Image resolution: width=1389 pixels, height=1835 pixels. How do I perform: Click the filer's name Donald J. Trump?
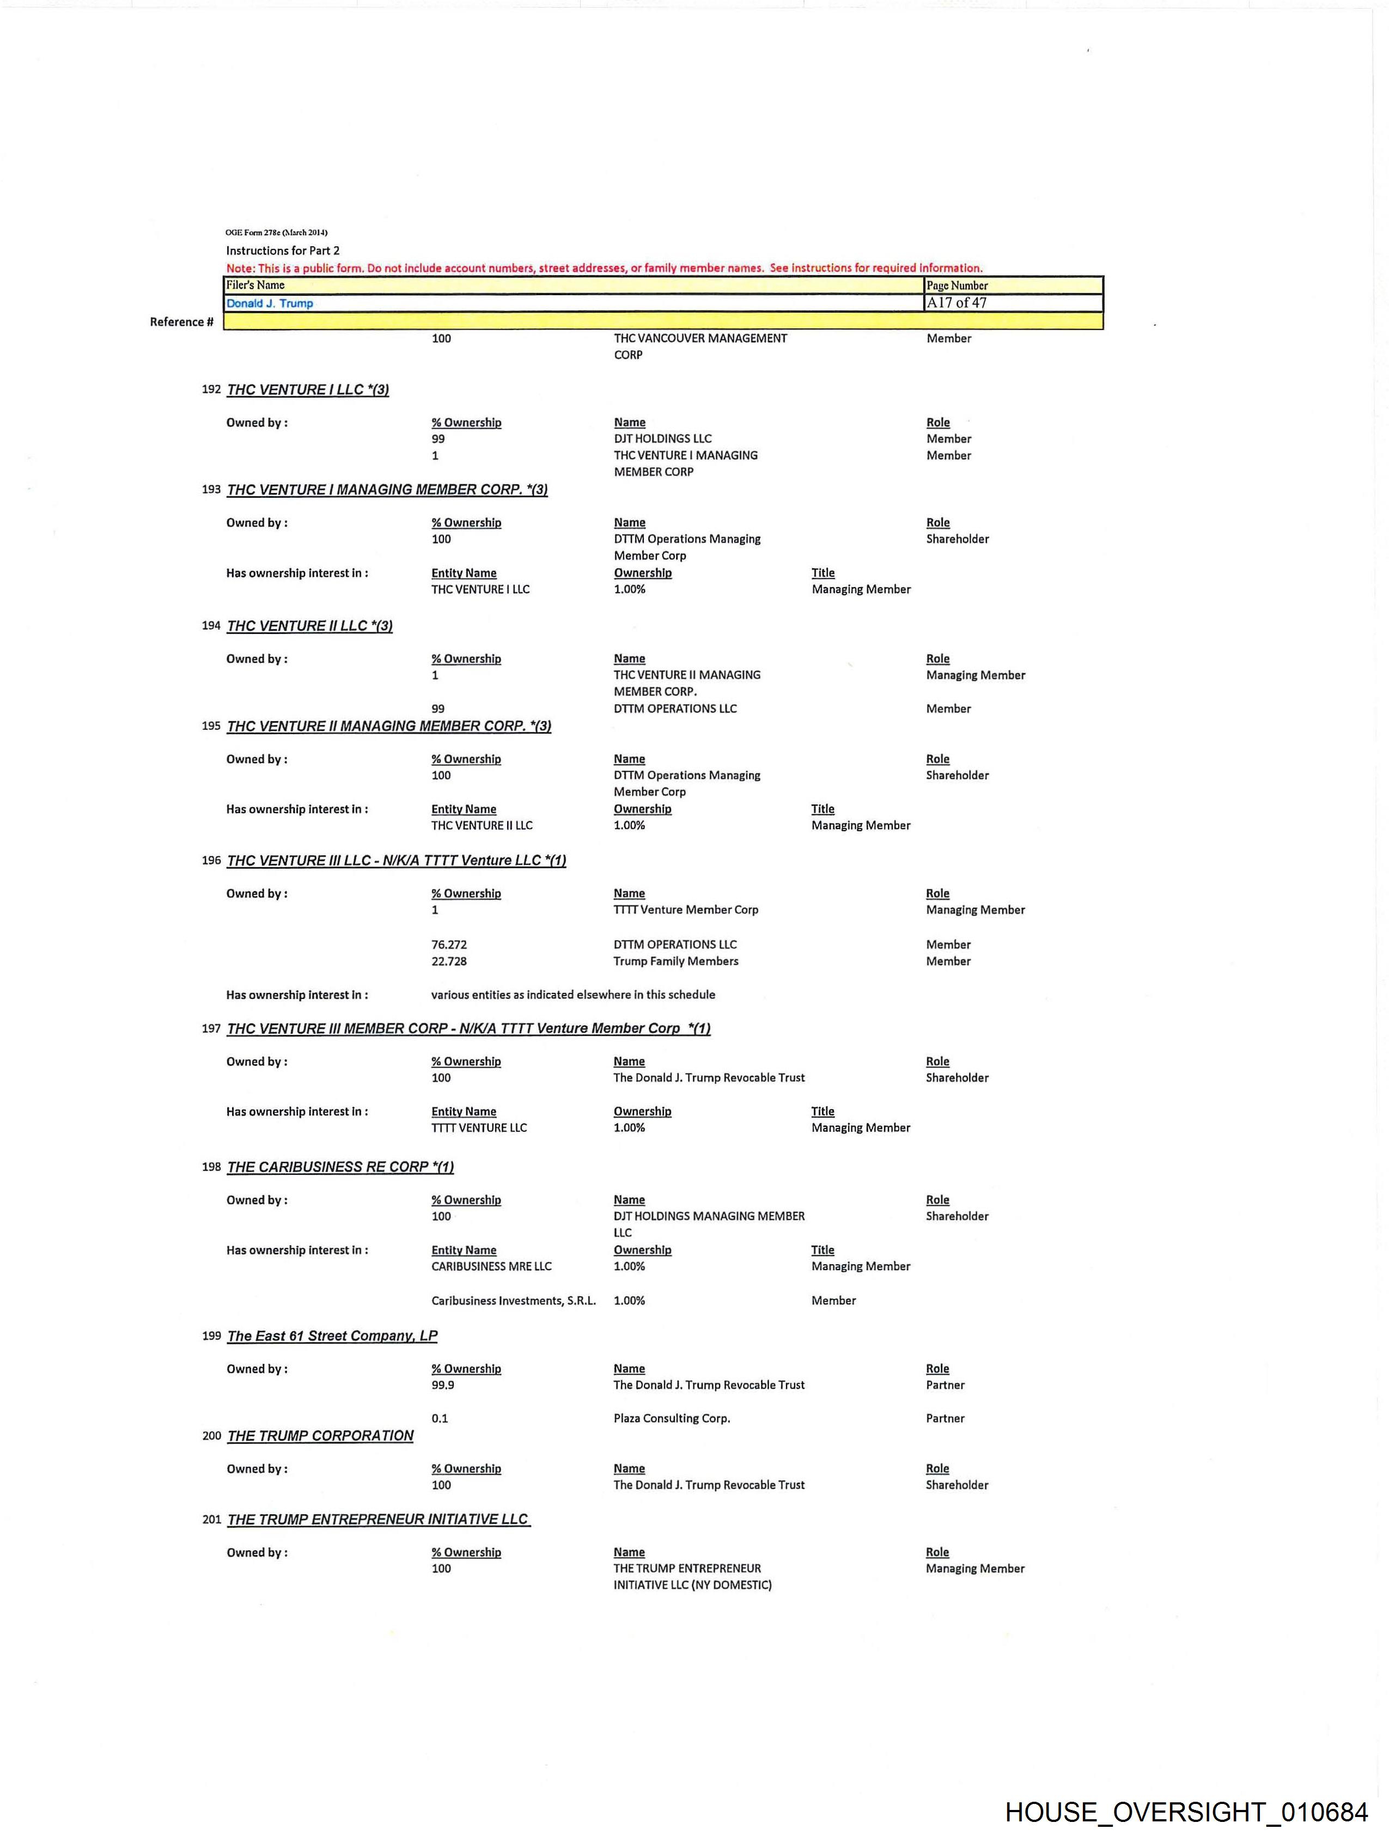coord(270,303)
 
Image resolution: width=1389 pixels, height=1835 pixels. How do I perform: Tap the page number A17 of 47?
coord(956,303)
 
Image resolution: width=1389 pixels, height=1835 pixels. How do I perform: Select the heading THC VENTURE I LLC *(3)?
coord(308,390)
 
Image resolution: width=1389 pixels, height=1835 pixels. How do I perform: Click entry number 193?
coord(211,490)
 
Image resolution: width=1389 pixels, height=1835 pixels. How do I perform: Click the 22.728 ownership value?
coord(449,961)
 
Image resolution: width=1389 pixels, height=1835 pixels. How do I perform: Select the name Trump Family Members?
coord(675,961)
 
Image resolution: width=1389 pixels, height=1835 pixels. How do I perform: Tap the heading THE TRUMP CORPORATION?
coord(320,1436)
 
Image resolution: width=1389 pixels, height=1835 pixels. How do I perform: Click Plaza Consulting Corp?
coord(671,1418)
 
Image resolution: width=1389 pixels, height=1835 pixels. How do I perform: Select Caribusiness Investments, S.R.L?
coord(513,1301)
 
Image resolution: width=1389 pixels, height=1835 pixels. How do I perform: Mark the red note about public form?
coord(604,268)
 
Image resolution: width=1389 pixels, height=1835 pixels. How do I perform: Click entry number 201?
coord(211,1520)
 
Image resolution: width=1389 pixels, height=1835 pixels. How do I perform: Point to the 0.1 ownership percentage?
coord(439,1418)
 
